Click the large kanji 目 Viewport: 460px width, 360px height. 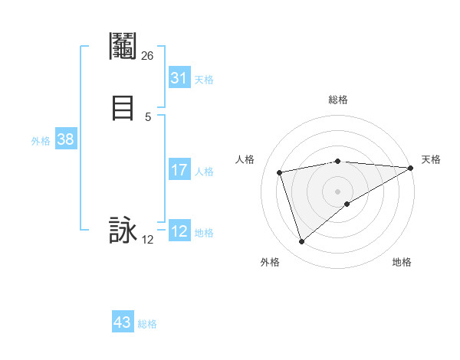pyautogui.click(x=123, y=107)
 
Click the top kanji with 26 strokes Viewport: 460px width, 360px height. pyautogui.click(x=123, y=47)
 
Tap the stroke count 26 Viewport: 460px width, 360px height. pyautogui.click(x=147, y=56)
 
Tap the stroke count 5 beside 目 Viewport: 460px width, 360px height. pyautogui.click(x=147, y=116)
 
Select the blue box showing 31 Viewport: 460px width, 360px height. pyautogui.click(x=179, y=78)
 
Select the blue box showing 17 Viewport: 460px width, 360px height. pyautogui.click(x=179, y=170)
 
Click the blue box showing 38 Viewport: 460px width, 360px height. pyautogui.click(x=65, y=139)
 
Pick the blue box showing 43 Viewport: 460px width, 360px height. pyautogui.click(x=123, y=322)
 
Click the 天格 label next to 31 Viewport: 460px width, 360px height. pyautogui.click(x=204, y=80)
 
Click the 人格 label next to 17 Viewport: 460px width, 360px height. pyautogui.click(x=204, y=172)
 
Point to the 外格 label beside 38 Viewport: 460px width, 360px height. pyautogui.click(x=41, y=141)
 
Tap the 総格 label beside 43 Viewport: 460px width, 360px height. pyautogui.click(x=147, y=324)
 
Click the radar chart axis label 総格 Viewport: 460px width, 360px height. pyautogui.click(x=338, y=100)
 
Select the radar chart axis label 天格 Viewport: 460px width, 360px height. pyautogui.click(x=431, y=159)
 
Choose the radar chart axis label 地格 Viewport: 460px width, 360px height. pyautogui.click(x=402, y=262)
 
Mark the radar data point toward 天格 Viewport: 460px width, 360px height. pyautogui.click(x=410, y=168)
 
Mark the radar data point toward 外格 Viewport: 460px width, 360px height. pyautogui.click(x=301, y=242)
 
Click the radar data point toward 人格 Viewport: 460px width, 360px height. pyautogui.click(x=280, y=172)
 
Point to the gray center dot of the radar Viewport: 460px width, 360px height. pyautogui.click(x=338, y=191)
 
